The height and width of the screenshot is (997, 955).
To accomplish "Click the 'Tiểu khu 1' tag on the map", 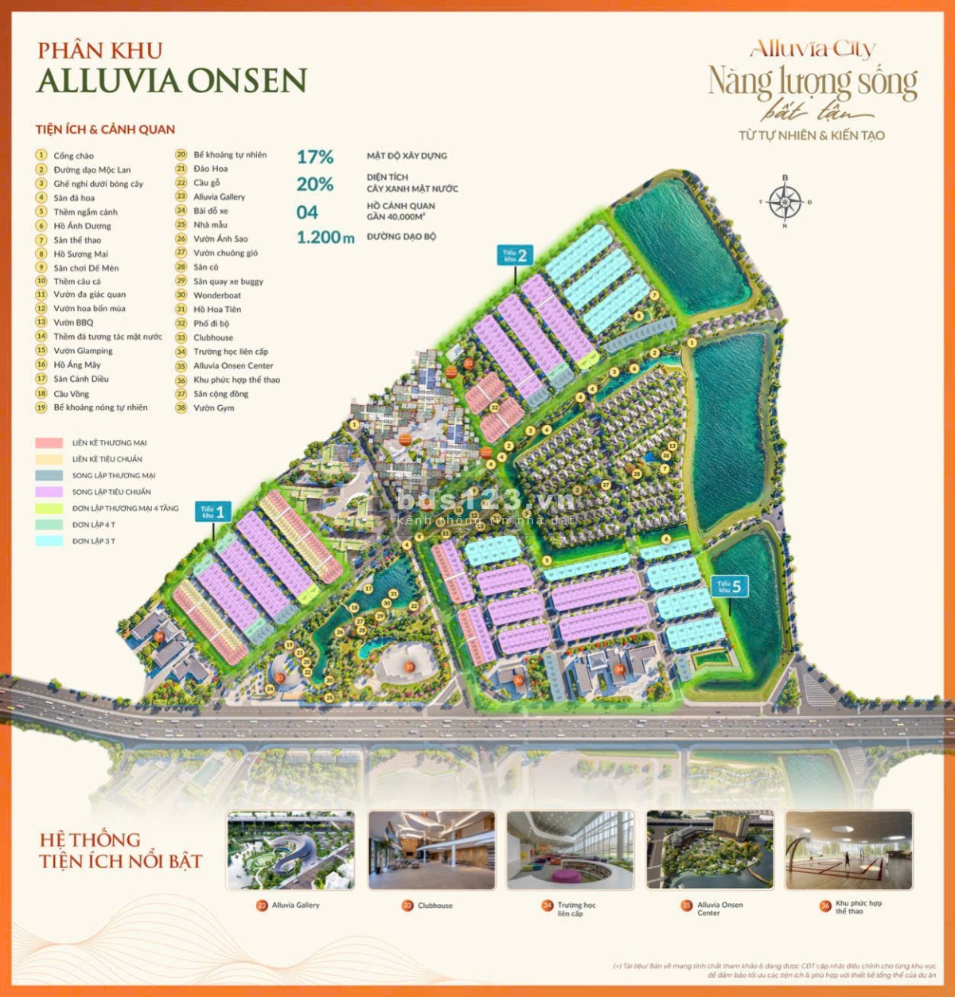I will click(x=212, y=512).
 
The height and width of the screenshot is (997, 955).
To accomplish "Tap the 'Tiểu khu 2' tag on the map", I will click(x=515, y=255).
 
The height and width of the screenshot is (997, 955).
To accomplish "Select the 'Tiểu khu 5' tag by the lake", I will click(x=729, y=587).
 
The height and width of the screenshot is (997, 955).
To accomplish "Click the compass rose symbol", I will click(x=785, y=201).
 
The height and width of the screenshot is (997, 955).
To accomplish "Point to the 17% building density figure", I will click(x=315, y=158).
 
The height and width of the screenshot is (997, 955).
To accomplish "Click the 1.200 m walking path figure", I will click(x=325, y=237).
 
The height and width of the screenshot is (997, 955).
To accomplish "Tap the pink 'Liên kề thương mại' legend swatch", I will click(x=49, y=443).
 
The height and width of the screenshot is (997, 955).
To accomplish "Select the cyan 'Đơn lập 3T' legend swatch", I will click(x=49, y=541).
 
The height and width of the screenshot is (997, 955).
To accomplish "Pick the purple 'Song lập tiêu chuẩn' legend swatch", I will click(x=49, y=492).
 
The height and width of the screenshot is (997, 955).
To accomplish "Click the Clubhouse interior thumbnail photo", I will click(x=431, y=851).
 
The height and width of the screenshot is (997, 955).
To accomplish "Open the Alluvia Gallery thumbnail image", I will click(x=290, y=851).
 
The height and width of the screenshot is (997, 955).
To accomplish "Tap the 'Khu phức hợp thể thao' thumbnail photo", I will click(x=848, y=851).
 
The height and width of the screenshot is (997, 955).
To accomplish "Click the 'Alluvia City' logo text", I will click(x=813, y=49).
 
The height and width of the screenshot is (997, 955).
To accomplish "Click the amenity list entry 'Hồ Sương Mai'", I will click(x=80, y=254).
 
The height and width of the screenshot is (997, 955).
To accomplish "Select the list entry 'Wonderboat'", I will click(x=217, y=295).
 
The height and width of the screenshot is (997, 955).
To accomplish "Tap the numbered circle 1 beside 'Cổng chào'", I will click(x=41, y=155).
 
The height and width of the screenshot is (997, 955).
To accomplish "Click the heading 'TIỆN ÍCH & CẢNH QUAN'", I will click(x=105, y=130).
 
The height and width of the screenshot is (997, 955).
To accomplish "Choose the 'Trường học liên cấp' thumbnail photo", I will click(x=571, y=851).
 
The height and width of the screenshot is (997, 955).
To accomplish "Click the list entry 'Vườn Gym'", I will click(x=214, y=408).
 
